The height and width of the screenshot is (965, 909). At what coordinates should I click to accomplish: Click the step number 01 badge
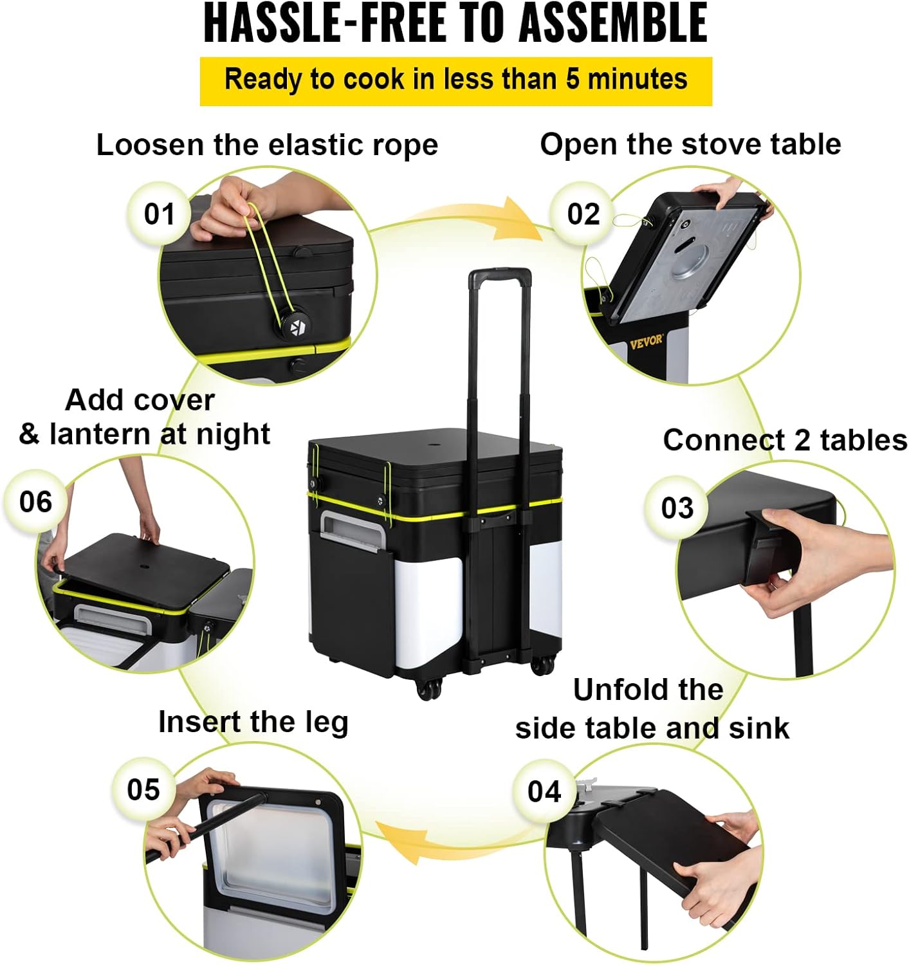tap(158, 214)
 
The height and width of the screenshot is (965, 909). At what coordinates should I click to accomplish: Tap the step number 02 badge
tap(583, 214)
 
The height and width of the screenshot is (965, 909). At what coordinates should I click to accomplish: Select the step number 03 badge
tap(676, 508)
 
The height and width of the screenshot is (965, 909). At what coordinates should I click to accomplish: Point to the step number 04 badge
tap(544, 791)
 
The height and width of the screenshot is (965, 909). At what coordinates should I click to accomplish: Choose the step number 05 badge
tap(143, 789)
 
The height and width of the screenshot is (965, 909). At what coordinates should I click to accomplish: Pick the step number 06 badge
tap(35, 502)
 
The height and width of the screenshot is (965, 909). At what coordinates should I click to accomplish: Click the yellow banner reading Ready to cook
tap(456, 81)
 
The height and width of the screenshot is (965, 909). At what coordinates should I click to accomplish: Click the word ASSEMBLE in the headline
tap(613, 23)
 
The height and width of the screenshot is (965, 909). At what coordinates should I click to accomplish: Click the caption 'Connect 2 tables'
tap(784, 441)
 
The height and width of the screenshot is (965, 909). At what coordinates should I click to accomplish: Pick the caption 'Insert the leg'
tap(253, 722)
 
